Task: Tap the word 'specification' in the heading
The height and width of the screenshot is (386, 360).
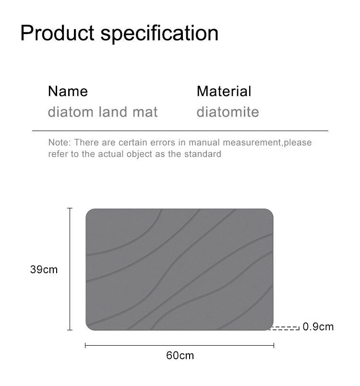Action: (x=160, y=34)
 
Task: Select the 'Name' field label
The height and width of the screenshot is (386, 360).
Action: (x=68, y=91)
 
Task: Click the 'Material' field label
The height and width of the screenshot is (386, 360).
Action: (x=224, y=91)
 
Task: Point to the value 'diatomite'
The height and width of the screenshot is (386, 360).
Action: (x=228, y=112)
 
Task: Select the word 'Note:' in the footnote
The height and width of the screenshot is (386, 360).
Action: (x=59, y=143)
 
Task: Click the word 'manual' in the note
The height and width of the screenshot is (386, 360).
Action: (x=204, y=143)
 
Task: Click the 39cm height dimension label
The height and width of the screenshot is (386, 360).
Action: (x=44, y=269)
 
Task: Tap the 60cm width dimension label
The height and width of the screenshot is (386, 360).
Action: (x=180, y=355)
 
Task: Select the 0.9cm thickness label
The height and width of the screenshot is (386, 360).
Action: (x=318, y=327)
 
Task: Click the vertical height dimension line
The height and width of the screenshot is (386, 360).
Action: (x=70, y=269)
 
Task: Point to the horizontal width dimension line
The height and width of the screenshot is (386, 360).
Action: (x=180, y=345)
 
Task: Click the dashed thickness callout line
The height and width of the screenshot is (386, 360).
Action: (x=286, y=328)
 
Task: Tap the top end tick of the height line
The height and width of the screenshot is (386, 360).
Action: (x=70, y=208)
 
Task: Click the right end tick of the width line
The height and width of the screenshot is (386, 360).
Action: (x=274, y=345)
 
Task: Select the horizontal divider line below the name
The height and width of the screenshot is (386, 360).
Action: (x=180, y=131)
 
